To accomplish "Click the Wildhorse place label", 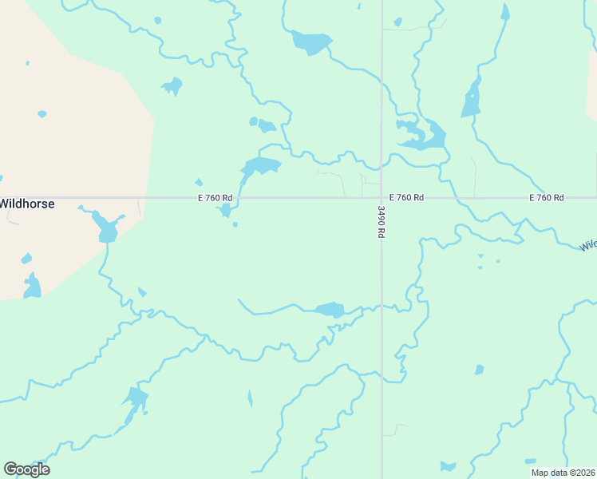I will pos(27,204).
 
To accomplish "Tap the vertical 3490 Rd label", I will pos(382,222).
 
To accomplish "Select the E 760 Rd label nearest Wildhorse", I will pos(215,197).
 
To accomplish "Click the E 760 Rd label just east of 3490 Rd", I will pos(406,197).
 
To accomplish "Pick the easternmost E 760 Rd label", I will pos(546,197).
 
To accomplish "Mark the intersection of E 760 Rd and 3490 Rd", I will pos(382,197).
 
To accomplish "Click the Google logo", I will pos(26,469).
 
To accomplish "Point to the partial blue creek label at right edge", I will pos(588,245).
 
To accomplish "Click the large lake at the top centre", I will pos(310,42).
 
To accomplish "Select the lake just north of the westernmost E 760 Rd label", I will pos(261,167).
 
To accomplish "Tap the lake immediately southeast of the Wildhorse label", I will pos(105,228).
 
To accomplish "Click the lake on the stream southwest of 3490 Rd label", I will pos(329,309).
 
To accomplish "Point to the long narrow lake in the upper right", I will pos(472,99).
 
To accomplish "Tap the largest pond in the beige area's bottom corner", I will pos(32,286).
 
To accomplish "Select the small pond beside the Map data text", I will pos(530,461).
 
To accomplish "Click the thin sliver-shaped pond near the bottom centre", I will pos(250,398).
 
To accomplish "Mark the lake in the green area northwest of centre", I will pos(172,85).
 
